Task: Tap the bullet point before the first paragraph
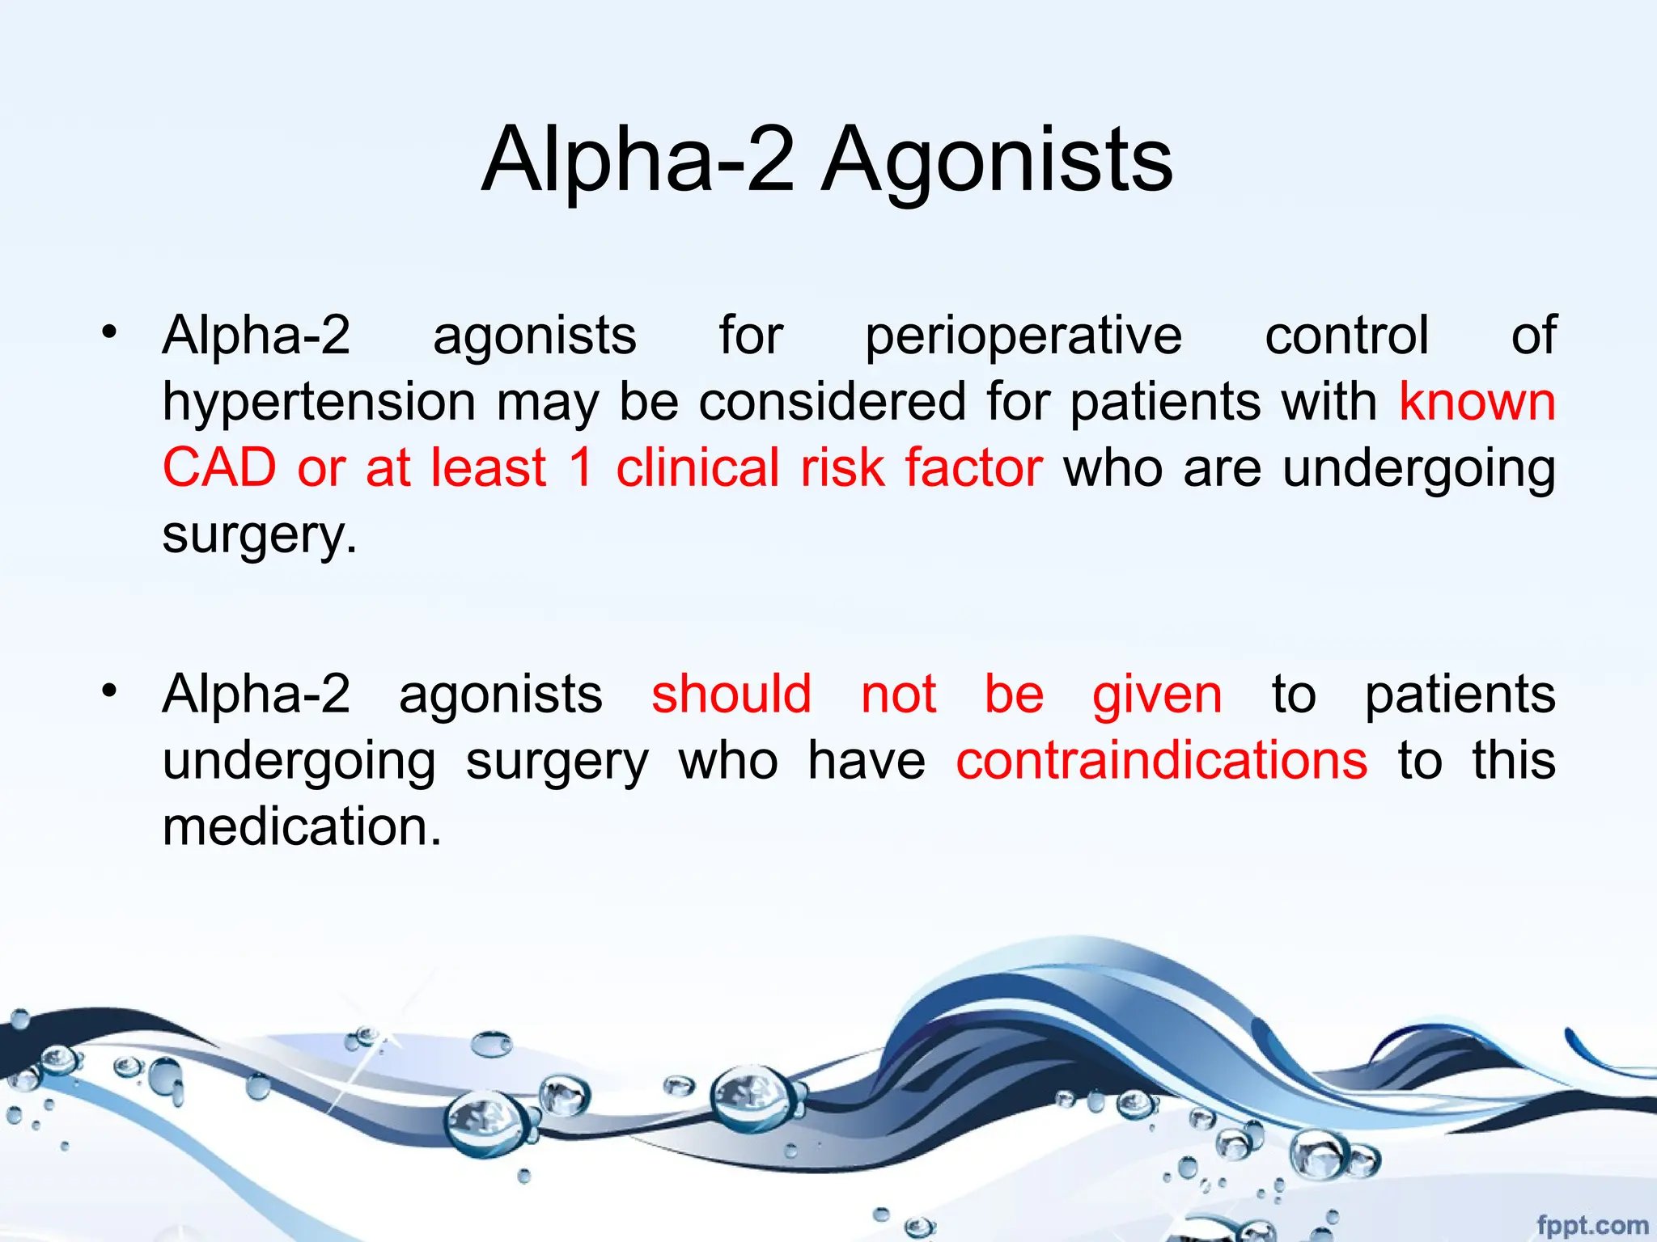110,332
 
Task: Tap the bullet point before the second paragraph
110,691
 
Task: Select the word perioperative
1023,336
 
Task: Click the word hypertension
319,403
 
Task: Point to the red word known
1477,401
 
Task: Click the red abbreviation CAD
219,467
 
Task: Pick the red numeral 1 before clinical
581,467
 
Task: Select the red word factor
973,467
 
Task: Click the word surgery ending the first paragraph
258,535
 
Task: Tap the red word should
731,695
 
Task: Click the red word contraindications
1162,761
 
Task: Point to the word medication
302,827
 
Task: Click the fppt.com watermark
1591,1225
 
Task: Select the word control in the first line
1346,336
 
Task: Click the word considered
833,402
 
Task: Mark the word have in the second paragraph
867,761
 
